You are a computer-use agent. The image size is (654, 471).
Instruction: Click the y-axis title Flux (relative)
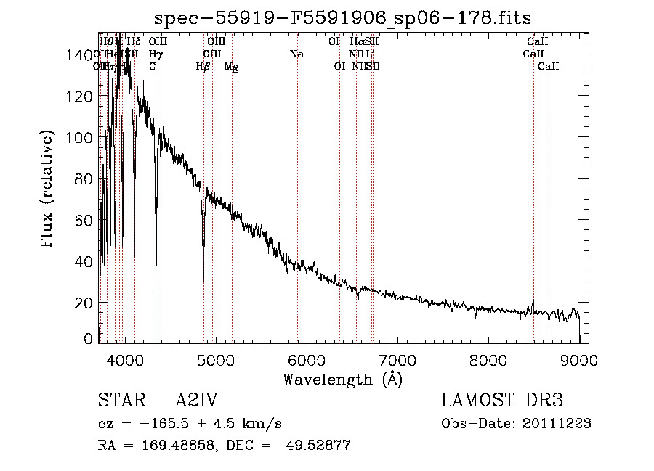coord(48,190)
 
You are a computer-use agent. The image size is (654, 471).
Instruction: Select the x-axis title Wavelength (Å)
coord(342,380)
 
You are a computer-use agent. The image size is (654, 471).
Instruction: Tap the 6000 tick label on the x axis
coord(307,359)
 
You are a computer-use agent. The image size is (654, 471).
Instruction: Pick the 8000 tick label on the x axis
coord(488,359)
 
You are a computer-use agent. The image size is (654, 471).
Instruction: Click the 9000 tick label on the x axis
coord(579,359)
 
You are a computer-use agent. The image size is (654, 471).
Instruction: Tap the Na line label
coord(296,54)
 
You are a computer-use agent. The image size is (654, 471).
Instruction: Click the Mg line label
coord(231,67)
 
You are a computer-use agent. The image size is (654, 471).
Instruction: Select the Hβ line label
coord(203,67)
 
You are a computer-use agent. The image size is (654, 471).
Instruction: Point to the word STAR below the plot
coord(120,401)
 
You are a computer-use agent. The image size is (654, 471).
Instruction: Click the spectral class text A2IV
coord(196,401)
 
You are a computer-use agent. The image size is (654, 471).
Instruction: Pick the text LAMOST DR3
coord(502,401)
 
